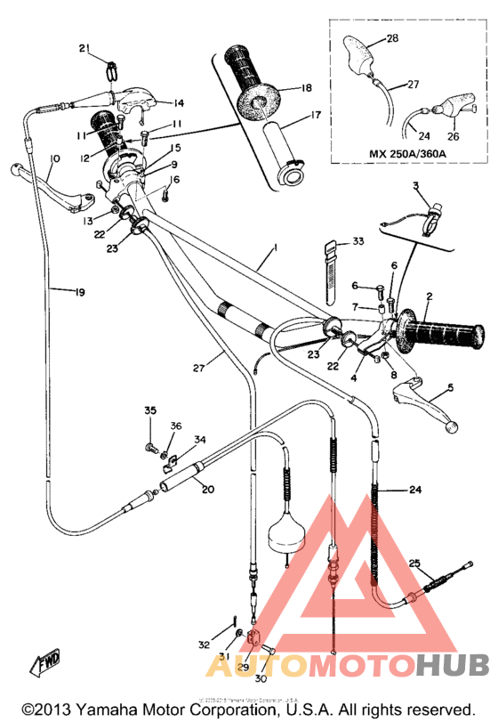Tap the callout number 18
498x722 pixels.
(x=306, y=88)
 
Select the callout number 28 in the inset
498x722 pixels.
(x=392, y=39)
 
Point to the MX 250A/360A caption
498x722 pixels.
(x=409, y=153)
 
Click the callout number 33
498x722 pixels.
(x=357, y=241)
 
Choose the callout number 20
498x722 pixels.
(x=207, y=488)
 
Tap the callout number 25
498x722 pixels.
(x=414, y=563)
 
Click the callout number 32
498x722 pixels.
(x=204, y=644)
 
